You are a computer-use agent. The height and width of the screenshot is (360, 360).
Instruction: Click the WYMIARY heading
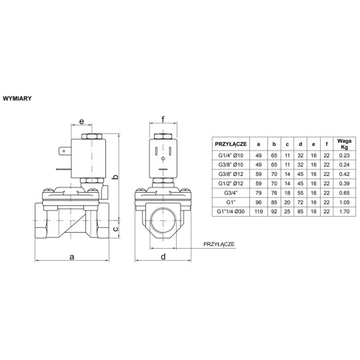[20, 97]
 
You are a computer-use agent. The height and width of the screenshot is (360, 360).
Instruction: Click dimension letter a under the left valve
[72, 256]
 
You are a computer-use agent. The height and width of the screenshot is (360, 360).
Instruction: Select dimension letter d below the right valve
[163, 256]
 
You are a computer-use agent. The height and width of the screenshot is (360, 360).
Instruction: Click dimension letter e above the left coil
[81, 122]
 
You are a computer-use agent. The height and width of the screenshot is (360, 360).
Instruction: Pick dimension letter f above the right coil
[163, 121]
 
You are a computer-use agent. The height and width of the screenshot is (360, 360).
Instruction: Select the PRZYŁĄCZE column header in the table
[231, 143]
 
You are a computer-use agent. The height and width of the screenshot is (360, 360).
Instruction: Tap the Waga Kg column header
[343, 143]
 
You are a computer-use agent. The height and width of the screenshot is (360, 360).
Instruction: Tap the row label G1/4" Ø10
[231, 155]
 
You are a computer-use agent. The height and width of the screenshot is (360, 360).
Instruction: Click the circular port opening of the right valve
[163, 219]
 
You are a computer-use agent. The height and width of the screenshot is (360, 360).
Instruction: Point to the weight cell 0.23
[343, 155]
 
